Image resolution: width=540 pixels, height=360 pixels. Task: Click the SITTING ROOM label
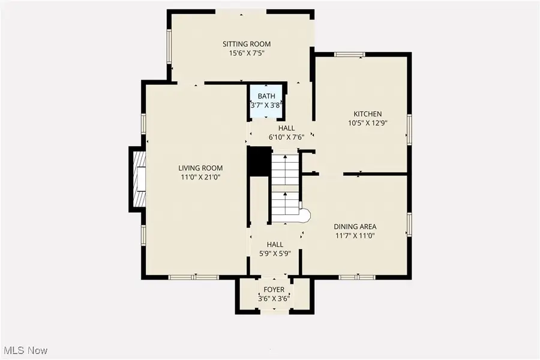(246, 44)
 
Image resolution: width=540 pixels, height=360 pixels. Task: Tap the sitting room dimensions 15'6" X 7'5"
(246, 53)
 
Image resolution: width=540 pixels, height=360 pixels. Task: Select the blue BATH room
(267, 101)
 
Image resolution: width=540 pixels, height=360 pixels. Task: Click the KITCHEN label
(367, 114)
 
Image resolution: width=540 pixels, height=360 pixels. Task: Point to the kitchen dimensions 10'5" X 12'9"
(367, 124)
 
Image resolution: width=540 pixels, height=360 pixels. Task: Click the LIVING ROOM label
(200, 168)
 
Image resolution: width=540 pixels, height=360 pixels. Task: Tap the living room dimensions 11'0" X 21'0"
(200, 178)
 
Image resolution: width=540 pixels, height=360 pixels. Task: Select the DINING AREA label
(355, 226)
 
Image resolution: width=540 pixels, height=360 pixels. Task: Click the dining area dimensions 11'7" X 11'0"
(355, 236)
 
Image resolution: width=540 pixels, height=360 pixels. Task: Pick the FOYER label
(274, 290)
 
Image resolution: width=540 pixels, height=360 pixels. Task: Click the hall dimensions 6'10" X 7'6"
(286, 137)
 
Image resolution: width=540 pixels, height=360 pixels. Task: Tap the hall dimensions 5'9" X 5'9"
(275, 254)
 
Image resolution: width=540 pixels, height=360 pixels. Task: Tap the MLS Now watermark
(25, 350)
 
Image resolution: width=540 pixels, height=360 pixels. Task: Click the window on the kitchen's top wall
(350, 55)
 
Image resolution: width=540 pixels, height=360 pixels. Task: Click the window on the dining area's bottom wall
(356, 277)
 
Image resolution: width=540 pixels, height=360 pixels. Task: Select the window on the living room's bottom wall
(193, 277)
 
